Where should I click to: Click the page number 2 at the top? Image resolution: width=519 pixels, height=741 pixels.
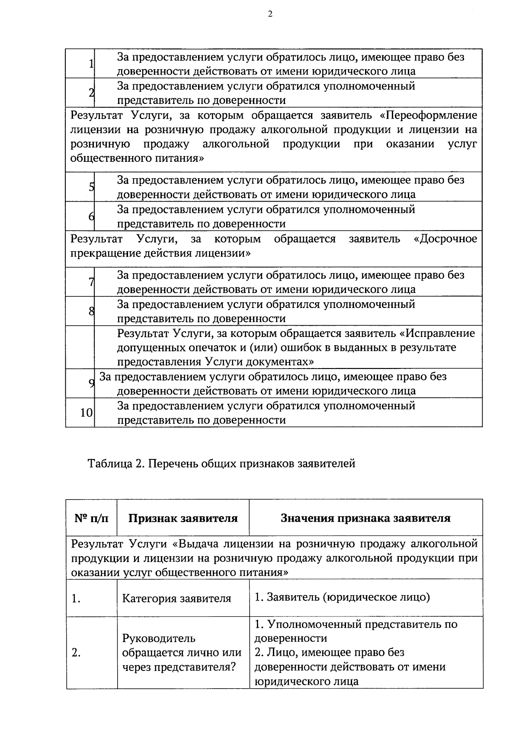click(x=270, y=14)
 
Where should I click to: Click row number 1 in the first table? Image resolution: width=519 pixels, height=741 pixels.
click(x=91, y=64)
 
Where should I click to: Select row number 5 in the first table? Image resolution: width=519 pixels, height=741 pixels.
click(x=91, y=187)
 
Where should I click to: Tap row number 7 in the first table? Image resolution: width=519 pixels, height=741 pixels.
click(x=91, y=282)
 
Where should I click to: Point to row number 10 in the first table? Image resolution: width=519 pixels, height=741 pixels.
click(x=86, y=413)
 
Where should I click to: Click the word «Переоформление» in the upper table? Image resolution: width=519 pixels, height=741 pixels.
click(x=431, y=115)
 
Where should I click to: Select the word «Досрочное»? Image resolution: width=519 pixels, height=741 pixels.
click(x=445, y=239)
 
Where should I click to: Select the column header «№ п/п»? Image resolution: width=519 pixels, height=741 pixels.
click(x=91, y=518)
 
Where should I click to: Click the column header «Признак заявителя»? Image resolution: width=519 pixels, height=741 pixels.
click(x=183, y=518)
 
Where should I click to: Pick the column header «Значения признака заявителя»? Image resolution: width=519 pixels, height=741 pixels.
click(x=365, y=518)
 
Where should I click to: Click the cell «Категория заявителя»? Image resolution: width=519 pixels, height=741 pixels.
click(x=176, y=599)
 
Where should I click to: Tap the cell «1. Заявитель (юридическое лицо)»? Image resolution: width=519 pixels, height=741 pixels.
click(x=342, y=597)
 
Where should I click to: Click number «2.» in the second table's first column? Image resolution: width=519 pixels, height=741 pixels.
click(x=76, y=653)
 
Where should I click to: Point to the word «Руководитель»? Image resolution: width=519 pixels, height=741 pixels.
click(x=159, y=638)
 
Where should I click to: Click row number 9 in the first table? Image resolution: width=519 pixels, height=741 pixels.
click(x=91, y=383)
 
